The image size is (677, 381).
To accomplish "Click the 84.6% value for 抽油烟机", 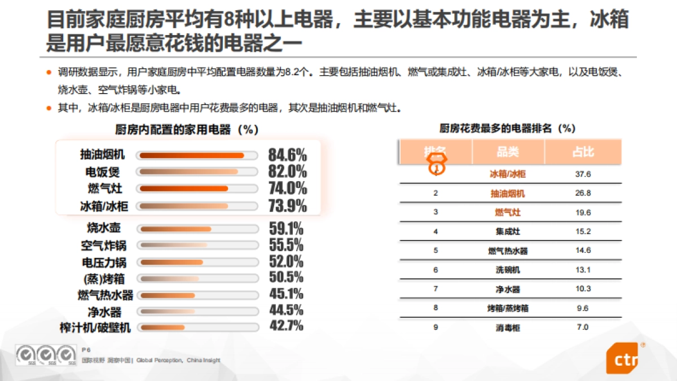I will point(287,155).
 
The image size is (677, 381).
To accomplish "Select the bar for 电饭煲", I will point(189,172).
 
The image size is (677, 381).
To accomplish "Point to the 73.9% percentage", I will point(287,206).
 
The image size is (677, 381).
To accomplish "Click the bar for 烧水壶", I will point(175,229).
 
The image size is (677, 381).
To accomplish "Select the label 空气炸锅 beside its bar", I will point(103,246).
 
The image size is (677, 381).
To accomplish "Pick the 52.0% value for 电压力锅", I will point(285,262).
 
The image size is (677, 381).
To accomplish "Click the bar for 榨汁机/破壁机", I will point(162,327).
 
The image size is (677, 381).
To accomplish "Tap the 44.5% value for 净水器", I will point(285,310).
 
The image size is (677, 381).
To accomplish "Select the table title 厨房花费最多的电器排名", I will point(507,128).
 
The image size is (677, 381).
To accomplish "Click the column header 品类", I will point(508,152).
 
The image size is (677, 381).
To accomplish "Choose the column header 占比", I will point(583,152).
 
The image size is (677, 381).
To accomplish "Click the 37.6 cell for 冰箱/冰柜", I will point(583,174).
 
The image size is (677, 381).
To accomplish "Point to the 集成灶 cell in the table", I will point(508,231).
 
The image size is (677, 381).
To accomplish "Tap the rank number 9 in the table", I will point(436,327).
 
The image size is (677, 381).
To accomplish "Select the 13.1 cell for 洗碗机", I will point(583,270).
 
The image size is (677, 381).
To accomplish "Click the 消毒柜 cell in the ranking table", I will point(508,327).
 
